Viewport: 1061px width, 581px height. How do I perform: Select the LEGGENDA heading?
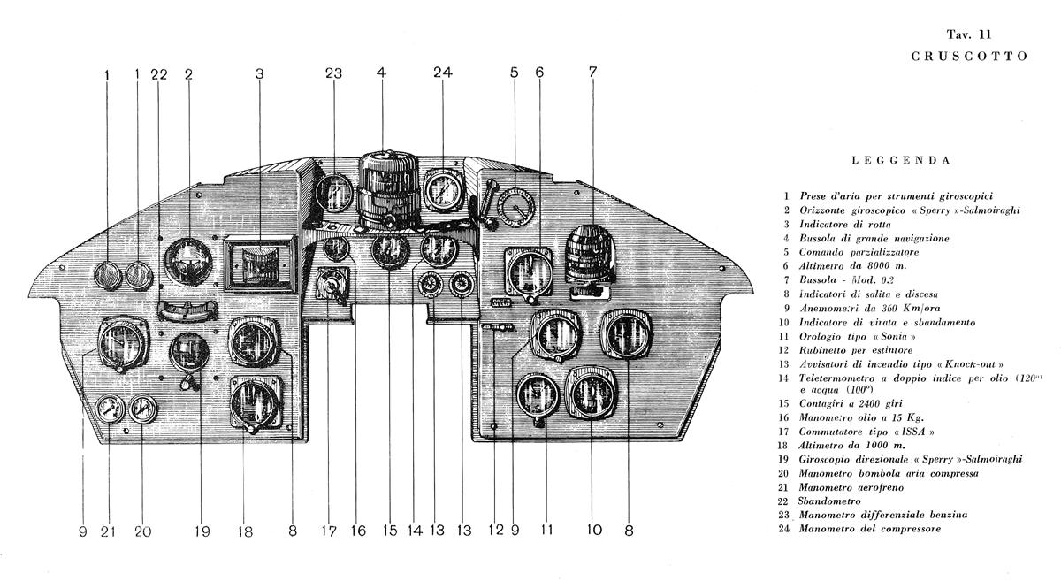pyautogui.click(x=902, y=162)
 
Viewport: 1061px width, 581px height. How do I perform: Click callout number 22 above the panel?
pyautogui.click(x=158, y=74)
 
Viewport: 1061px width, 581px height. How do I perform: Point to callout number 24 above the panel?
pyautogui.click(x=442, y=74)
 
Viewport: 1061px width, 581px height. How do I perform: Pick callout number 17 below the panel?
pyautogui.click(x=329, y=531)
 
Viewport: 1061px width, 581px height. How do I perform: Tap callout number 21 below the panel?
pyautogui.click(x=109, y=531)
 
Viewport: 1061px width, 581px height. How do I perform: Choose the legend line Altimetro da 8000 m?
pyautogui.click(x=853, y=265)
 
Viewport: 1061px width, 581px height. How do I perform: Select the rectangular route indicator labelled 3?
pyautogui.click(x=258, y=264)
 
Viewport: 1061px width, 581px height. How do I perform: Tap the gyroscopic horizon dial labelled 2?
pyautogui.click(x=189, y=261)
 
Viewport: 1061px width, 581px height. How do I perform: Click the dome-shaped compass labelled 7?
pyautogui.click(x=592, y=255)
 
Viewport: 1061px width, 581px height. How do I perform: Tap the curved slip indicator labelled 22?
pyautogui.click(x=187, y=310)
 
